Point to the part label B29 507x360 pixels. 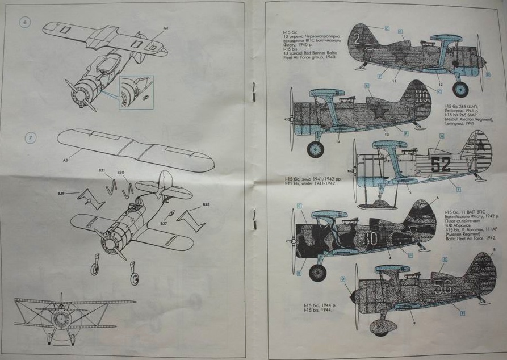(61, 194)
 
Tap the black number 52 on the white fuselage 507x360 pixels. (440, 165)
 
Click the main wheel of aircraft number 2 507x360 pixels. (460, 89)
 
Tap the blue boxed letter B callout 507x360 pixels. (300, 263)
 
